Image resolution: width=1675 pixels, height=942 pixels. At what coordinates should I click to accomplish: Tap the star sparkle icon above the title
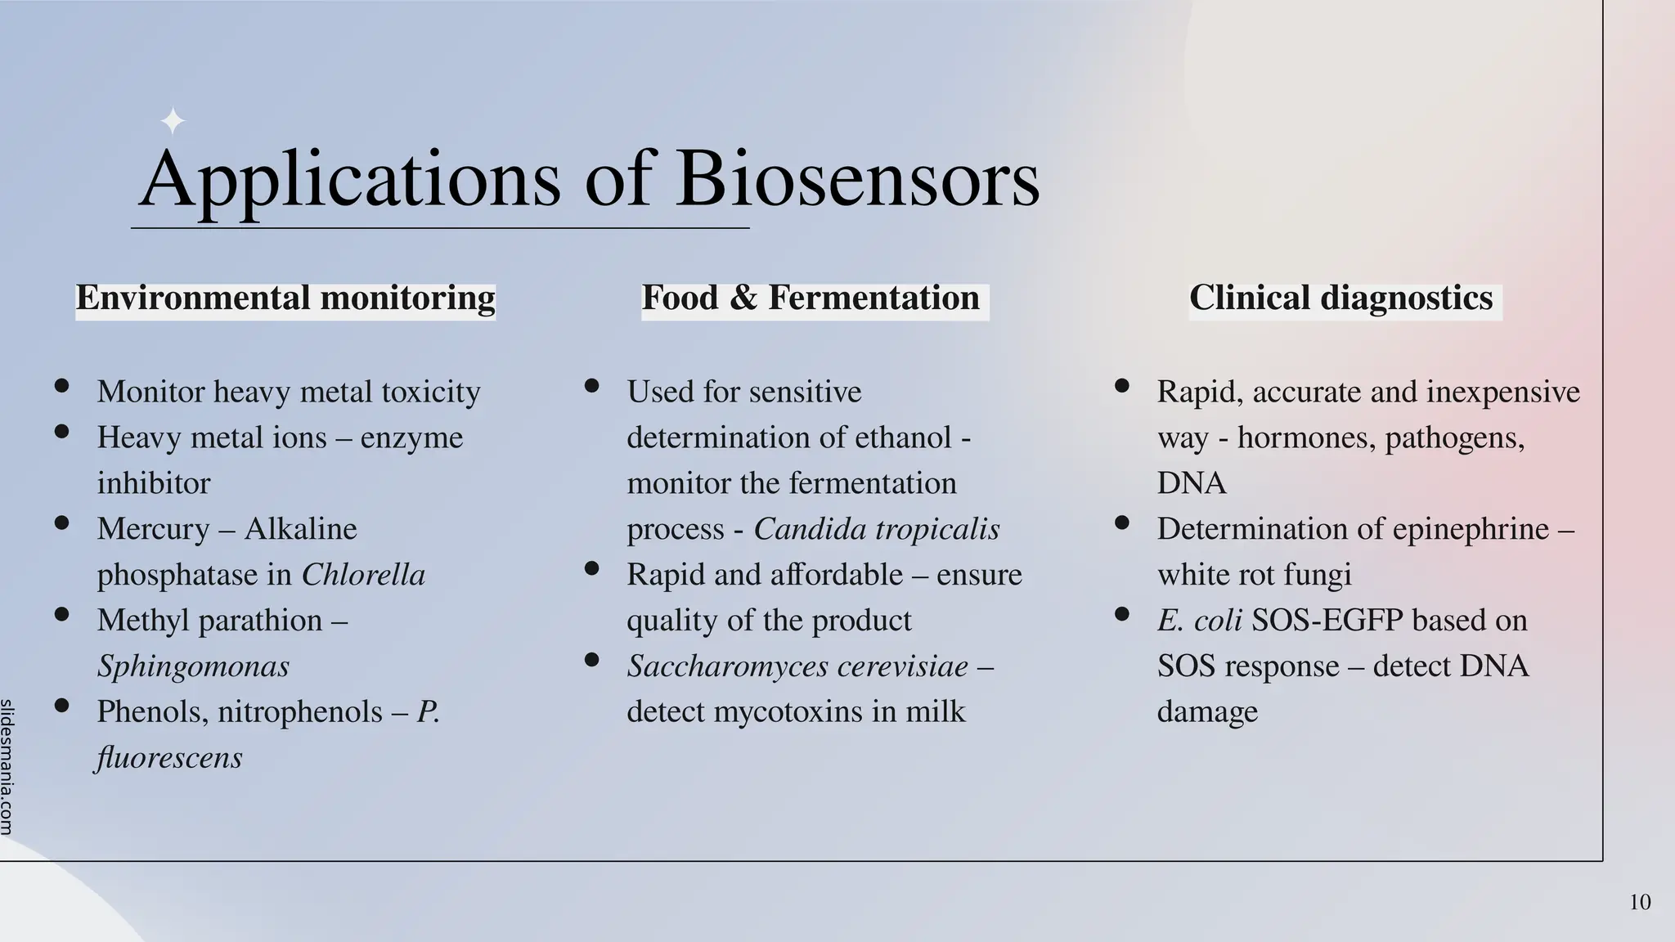[x=173, y=122]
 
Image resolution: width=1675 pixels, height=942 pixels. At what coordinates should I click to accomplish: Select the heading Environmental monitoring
[x=285, y=298]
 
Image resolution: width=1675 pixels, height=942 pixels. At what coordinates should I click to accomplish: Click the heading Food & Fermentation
[x=811, y=298]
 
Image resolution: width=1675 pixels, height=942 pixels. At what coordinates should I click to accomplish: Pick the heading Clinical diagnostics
[x=1340, y=298]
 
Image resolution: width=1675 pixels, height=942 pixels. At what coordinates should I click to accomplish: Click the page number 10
[x=1640, y=903]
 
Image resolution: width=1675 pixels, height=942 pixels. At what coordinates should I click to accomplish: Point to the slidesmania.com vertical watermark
[x=7, y=766]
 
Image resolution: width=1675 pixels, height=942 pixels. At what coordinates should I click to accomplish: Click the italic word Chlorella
[x=363, y=575]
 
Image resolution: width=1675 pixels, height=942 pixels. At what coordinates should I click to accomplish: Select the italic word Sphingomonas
[x=193, y=666]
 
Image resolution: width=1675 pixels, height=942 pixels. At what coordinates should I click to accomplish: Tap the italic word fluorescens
[x=169, y=758]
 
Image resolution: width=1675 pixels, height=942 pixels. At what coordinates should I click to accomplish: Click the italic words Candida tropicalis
[x=876, y=529]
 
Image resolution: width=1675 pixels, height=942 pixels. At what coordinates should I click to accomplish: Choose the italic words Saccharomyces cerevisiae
[x=797, y=666]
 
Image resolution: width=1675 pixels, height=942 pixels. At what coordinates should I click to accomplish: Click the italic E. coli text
[x=1199, y=621]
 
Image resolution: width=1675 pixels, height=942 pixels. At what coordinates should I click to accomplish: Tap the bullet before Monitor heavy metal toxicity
[x=61, y=386]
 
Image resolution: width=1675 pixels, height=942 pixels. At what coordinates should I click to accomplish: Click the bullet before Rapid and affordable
[x=592, y=568]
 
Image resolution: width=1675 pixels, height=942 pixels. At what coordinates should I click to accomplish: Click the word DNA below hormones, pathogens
[x=1191, y=483]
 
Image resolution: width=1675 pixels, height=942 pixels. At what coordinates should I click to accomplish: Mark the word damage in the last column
[x=1207, y=712]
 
